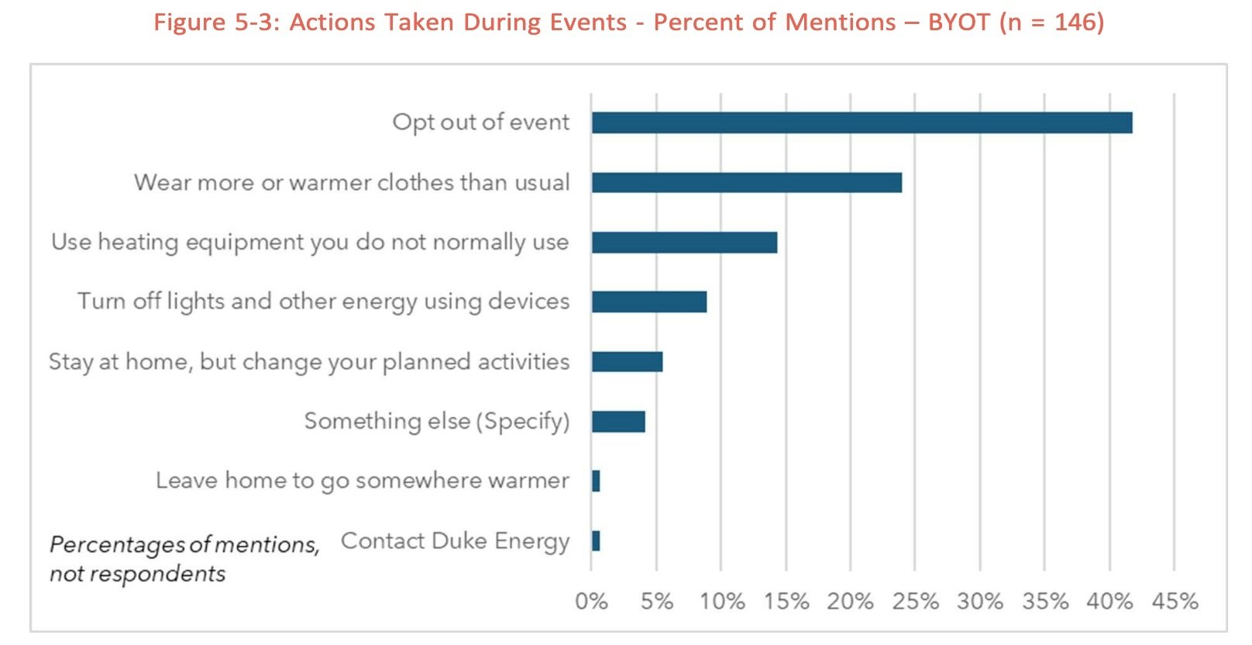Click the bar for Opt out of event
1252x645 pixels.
tap(862, 122)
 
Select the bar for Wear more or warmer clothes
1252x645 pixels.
tap(747, 182)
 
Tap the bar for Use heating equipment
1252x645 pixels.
tap(684, 242)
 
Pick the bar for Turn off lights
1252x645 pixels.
tap(649, 302)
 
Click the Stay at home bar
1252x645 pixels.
tap(627, 361)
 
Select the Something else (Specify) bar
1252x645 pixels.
tap(618, 421)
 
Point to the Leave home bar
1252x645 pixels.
tap(596, 481)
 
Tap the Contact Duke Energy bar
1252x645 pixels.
tap(596, 541)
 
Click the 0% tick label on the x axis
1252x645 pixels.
tap(591, 602)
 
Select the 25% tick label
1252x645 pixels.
tap(915, 602)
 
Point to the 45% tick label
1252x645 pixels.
tap(1175, 602)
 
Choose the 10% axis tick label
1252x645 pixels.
tap(721, 602)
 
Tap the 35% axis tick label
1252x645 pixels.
tap(1045, 602)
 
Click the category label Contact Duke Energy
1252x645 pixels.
tap(455, 542)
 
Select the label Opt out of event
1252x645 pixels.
tap(480, 122)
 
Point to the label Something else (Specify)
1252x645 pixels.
tap(437, 421)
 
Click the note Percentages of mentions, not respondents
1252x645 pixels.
tap(184, 559)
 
